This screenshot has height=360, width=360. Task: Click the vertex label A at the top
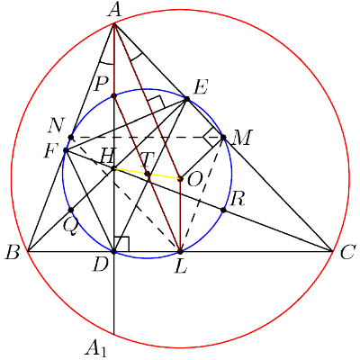click(114, 12)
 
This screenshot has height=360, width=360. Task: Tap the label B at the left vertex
click(13, 254)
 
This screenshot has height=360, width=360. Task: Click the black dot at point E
click(186, 99)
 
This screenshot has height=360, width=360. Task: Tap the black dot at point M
click(223, 138)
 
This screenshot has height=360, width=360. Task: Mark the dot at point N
click(71, 138)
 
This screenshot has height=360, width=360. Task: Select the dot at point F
click(66, 149)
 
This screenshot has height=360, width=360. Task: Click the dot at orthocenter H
click(113, 168)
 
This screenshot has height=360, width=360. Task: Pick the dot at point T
click(148, 174)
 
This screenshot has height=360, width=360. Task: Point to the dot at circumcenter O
click(180, 179)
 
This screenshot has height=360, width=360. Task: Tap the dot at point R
click(223, 210)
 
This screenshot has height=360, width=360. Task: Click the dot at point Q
click(71, 210)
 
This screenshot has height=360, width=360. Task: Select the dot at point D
click(113, 251)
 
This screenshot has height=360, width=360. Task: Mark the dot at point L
click(180, 251)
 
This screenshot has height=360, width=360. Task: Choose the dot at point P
click(113, 96)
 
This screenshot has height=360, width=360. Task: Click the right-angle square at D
click(121, 244)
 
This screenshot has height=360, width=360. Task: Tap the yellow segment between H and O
click(147, 174)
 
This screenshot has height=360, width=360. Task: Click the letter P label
click(100, 85)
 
